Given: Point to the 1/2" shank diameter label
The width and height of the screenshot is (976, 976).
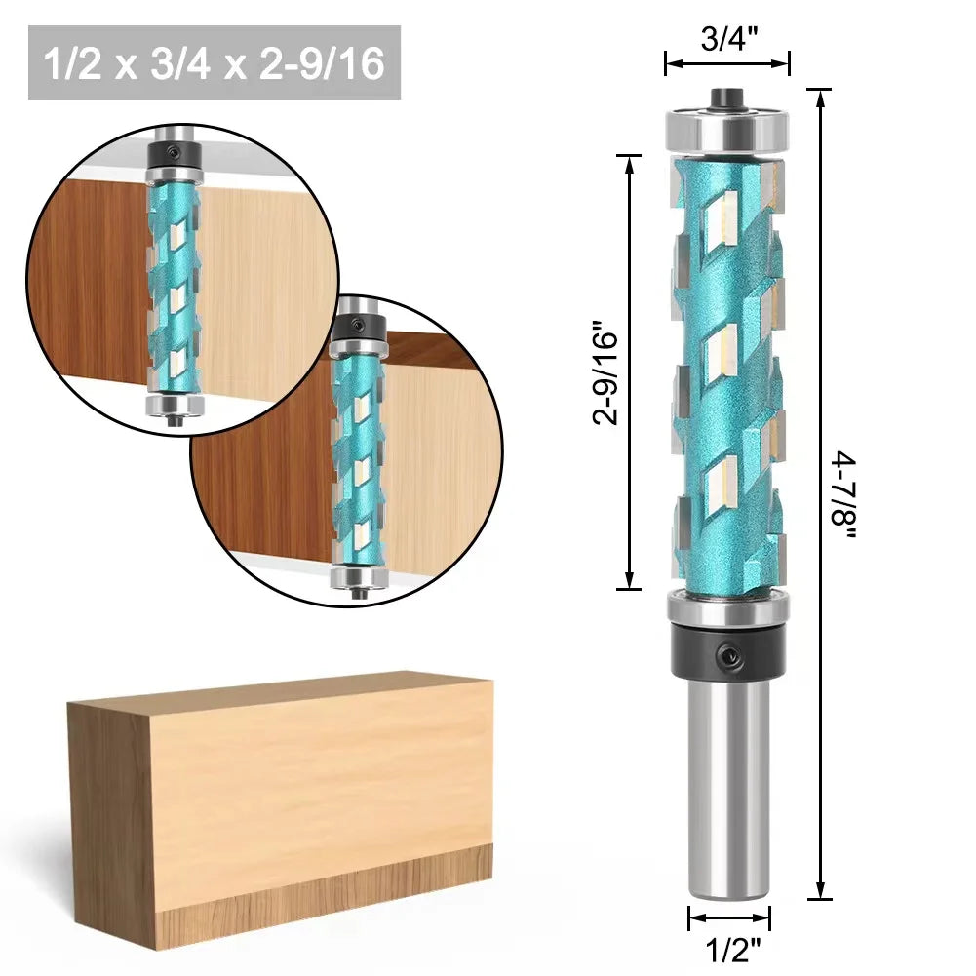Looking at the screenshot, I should (x=729, y=950).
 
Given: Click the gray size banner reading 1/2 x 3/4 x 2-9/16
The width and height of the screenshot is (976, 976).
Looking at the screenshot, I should (x=215, y=63).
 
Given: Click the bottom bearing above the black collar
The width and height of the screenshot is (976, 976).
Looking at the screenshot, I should (x=726, y=607).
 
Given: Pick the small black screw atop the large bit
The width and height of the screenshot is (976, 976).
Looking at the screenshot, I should (x=726, y=97).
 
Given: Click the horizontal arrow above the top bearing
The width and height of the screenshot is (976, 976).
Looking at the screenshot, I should (x=726, y=66).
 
